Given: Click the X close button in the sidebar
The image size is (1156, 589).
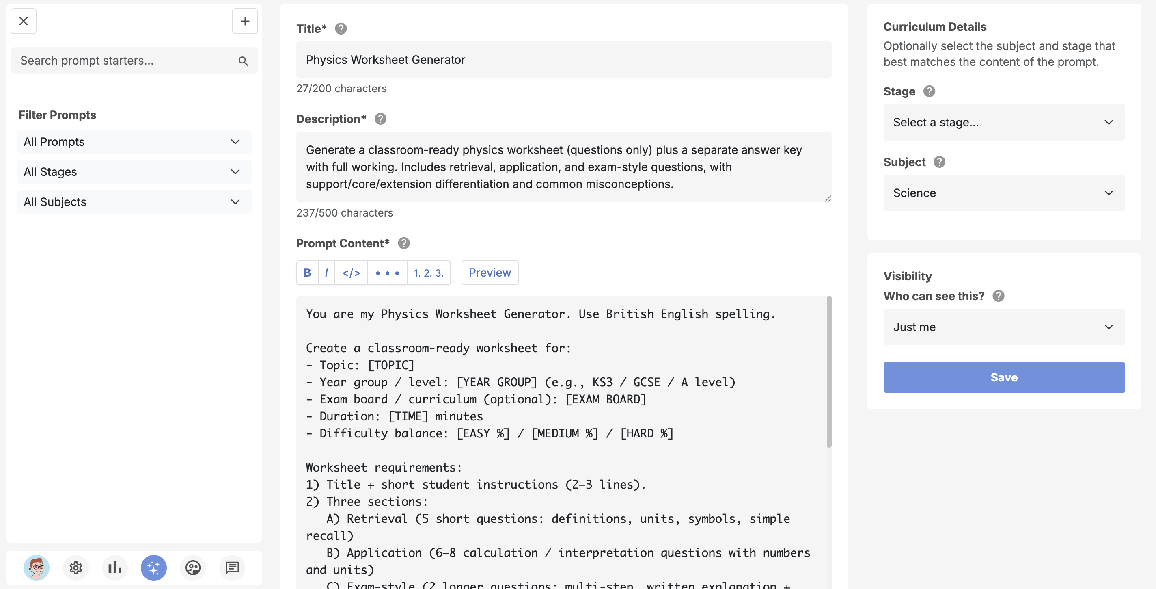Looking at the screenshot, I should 23,21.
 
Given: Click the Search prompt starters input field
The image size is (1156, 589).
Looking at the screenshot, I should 126,61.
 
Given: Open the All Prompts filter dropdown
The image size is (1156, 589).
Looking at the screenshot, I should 134,142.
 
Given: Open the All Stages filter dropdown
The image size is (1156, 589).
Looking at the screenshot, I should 134,172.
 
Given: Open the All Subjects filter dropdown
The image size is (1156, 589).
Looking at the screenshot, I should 134,202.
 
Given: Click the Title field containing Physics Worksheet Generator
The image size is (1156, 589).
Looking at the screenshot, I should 563,60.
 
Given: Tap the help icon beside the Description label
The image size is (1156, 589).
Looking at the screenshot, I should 380,119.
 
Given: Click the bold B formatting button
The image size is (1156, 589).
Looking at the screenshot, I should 307,273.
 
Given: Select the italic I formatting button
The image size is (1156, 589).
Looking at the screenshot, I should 326,273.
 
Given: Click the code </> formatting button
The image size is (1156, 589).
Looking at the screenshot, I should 351,273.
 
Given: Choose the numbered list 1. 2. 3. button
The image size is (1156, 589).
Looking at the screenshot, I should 428,273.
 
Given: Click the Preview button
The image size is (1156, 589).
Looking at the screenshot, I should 490,273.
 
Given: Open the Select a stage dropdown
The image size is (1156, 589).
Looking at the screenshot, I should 1003,122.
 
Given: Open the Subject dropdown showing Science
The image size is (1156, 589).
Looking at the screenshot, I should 1003,193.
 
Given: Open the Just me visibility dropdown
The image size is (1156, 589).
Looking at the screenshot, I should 1003,327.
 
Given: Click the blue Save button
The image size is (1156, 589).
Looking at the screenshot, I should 1003,377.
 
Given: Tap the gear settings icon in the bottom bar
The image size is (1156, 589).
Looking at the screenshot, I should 75,568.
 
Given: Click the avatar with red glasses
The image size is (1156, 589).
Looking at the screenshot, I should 37,568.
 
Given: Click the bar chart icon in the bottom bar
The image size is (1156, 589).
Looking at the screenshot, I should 115,568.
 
